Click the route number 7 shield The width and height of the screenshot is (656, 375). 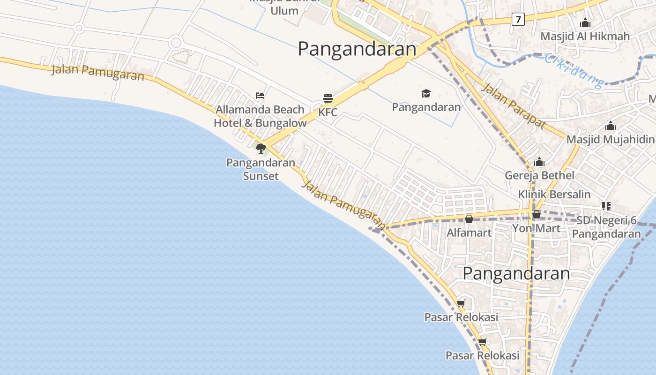[518, 19]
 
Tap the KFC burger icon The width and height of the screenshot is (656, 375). [328, 98]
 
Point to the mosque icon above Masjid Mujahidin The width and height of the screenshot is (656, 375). [610, 126]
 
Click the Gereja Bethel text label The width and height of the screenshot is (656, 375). [539, 175]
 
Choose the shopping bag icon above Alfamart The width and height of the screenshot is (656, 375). [469, 219]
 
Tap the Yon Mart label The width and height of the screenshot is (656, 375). [536, 228]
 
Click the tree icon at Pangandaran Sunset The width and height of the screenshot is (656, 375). [261, 149]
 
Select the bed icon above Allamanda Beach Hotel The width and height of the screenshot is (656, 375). [260, 96]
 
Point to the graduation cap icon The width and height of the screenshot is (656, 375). [426, 93]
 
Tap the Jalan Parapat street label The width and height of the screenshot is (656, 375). [514, 106]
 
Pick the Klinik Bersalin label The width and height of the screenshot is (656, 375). [554, 194]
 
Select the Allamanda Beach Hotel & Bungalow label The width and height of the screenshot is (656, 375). [260, 116]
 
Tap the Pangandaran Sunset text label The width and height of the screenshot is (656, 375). [261, 169]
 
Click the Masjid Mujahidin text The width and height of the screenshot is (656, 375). [610, 139]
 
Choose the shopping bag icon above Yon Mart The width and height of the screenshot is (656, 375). [537, 215]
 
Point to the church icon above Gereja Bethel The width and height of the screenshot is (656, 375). [539, 162]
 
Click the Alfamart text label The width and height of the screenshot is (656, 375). [469, 232]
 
